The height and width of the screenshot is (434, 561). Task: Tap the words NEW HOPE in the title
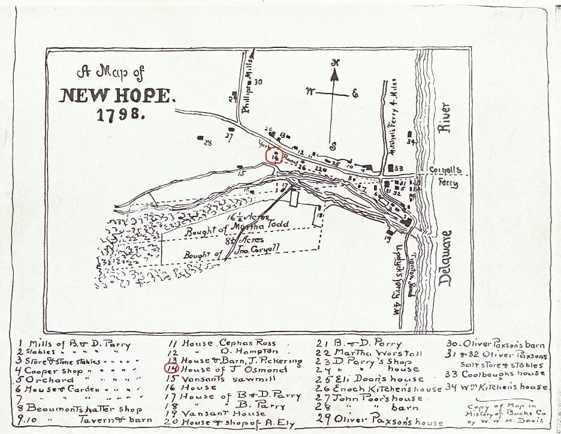pos(117,95)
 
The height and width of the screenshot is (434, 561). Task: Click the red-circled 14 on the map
pos(275,155)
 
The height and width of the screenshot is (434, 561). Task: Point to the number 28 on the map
pos(208,143)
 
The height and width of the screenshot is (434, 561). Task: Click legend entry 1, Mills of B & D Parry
pos(72,344)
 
